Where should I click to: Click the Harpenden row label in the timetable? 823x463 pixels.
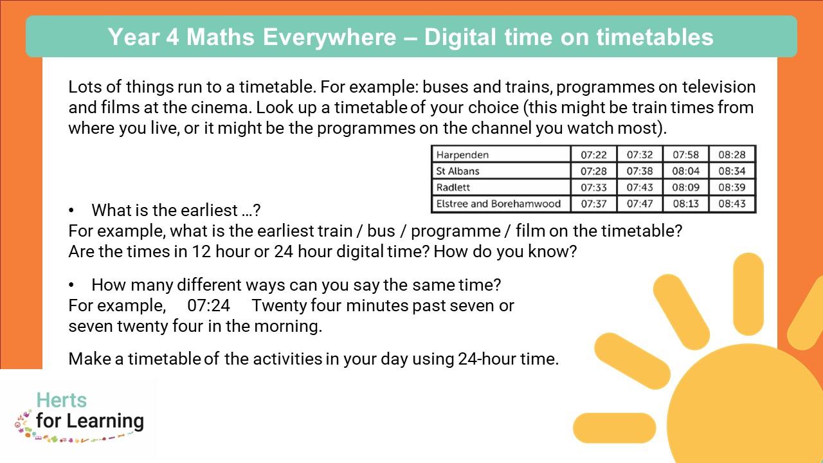coord(462,155)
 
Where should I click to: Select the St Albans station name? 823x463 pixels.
coord(457,171)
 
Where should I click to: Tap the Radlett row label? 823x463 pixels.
coord(453,187)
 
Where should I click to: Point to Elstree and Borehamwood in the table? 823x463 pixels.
coord(498,204)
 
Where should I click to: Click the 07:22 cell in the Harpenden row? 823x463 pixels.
coord(593,155)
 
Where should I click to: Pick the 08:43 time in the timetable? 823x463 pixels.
coord(732,204)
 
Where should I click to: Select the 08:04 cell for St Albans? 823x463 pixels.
coord(685,171)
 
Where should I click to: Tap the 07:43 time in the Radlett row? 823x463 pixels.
coord(640,187)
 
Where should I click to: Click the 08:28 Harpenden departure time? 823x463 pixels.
coord(732,155)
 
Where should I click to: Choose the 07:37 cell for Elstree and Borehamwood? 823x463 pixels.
coord(593,204)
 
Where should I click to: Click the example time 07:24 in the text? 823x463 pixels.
coord(209,305)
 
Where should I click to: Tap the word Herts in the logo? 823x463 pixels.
coord(61,400)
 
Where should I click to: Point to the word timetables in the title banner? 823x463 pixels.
coord(655,37)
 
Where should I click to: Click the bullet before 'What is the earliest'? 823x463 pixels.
coord(71,210)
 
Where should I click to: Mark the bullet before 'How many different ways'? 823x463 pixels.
coord(71,285)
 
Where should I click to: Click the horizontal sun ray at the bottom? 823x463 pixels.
coord(614,428)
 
